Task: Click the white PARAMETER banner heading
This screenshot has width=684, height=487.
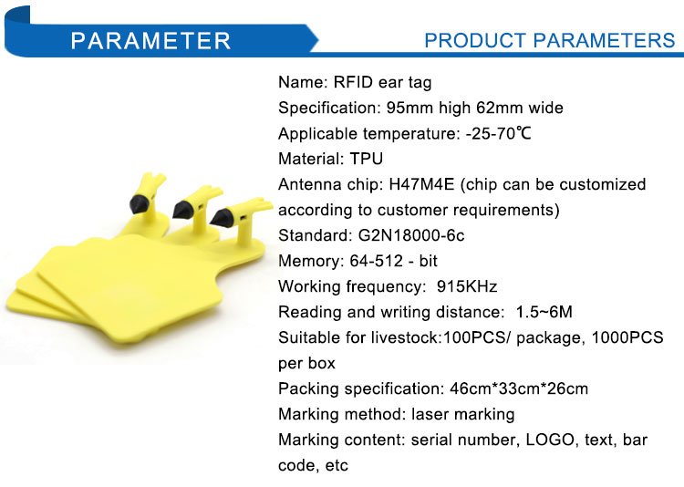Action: (150, 40)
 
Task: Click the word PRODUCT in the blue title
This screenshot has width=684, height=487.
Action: (474, 40)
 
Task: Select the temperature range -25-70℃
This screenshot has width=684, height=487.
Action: (498, 133)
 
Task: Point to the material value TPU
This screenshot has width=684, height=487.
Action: (367, 159)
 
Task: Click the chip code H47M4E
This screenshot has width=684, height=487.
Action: (421, 184)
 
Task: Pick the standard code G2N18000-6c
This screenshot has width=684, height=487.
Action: (411, 235)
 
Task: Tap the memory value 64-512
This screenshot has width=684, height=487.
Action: (376, 261)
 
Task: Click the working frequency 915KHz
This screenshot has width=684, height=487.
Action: (467, 286)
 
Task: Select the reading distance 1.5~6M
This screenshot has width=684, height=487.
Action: (544, 312)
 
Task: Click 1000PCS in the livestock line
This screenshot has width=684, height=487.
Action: (627, 337)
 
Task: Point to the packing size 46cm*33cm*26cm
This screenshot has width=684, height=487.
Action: (519, 389)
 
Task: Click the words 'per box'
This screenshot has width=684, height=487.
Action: (306, 364)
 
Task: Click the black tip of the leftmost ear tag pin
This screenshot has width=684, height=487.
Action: (140, 203)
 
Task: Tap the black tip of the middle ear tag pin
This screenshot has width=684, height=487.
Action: (182, 210)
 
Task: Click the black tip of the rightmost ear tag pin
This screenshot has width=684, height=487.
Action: (222, 216)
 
